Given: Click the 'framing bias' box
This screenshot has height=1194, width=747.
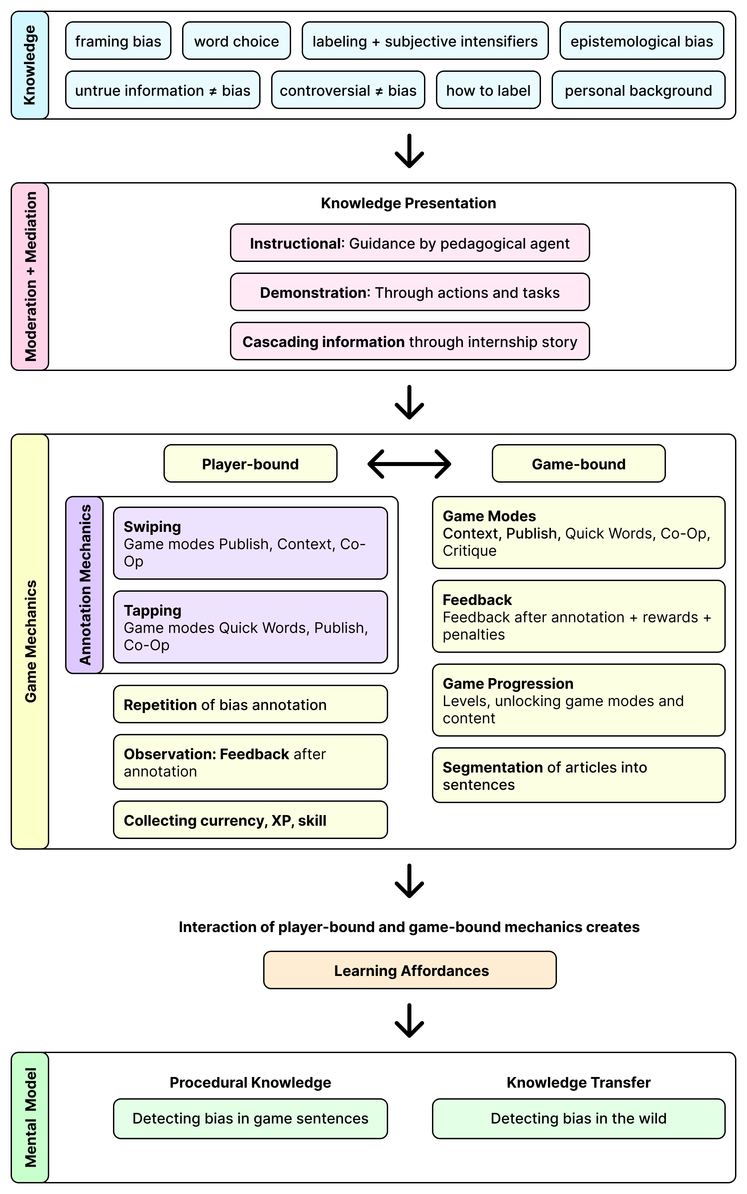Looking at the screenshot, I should tap(118, 41).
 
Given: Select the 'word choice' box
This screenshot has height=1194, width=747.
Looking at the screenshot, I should tap(236, 41).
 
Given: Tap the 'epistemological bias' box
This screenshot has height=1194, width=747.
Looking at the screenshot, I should tap(641, 41).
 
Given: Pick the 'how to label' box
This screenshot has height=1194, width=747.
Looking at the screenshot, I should tap(488, 90).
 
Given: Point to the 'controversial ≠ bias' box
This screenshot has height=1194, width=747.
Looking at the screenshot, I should tap(348, 90).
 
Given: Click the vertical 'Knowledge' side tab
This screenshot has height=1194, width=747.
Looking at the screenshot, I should tap(30, 65).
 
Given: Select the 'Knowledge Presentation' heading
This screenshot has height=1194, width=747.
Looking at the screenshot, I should tap(409, 203).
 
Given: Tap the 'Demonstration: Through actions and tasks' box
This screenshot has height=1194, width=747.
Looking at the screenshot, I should tap(410, 292).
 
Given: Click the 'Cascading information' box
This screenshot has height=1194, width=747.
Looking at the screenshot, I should tap(410, 341).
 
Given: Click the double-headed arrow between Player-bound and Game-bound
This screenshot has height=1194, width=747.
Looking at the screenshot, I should tap(410, 464).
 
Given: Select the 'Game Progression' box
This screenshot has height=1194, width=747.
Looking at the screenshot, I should tap(578, 700).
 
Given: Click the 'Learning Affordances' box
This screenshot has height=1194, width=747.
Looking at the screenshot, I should tap(410, 970).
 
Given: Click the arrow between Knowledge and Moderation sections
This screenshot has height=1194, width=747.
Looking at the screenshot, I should tap(410, 151).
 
